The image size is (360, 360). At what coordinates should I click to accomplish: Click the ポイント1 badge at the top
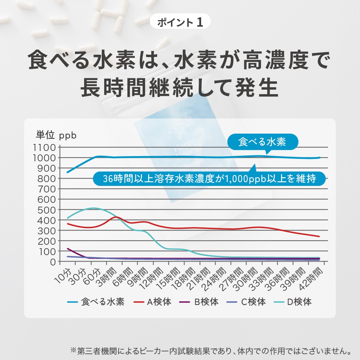[180, 23]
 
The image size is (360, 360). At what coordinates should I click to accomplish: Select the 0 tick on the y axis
[53, 262]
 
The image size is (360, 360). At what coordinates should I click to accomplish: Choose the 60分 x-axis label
[94, 273]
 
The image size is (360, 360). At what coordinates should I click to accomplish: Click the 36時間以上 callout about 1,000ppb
[210, 179]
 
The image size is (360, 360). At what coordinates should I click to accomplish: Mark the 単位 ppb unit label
[56, 135]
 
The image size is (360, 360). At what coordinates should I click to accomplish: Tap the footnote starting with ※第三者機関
[211, 350]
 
